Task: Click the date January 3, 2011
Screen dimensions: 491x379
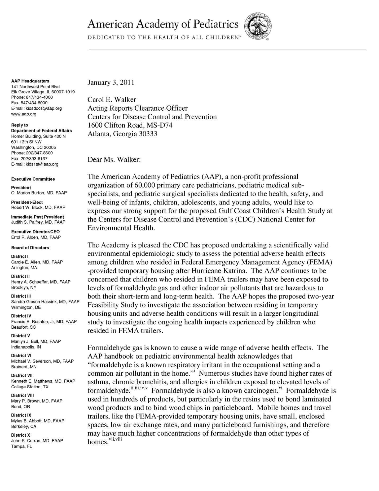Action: point(111,82)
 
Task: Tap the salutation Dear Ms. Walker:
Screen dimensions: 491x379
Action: point(114,160)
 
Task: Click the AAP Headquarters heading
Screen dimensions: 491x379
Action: point(30,81)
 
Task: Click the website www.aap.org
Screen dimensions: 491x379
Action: point(24,114)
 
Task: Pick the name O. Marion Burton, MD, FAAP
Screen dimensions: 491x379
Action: point(39,193)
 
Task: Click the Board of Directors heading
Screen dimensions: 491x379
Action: point(30,247)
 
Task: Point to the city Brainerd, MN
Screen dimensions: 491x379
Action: point(24,367)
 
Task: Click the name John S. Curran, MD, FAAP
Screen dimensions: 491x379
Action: point(37,441)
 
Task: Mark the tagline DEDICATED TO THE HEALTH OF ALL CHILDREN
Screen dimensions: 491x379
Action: point(164,38)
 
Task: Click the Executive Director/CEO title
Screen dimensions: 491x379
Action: point(36,232)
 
